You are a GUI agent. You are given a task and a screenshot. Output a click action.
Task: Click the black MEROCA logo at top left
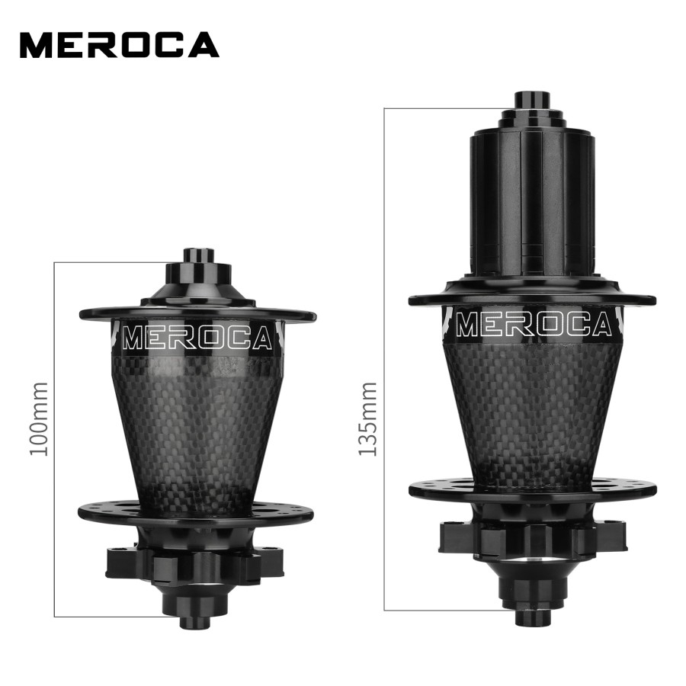pos(119,45)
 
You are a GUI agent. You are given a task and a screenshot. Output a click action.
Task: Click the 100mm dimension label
pos(39,418)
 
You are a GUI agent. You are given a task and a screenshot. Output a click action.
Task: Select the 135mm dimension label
pos(367,418)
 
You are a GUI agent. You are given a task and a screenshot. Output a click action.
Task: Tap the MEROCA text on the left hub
pos(197,338)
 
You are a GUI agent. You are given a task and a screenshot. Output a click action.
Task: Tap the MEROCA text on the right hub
pos(534,324)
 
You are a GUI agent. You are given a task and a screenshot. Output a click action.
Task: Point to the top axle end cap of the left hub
pos(198,255)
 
